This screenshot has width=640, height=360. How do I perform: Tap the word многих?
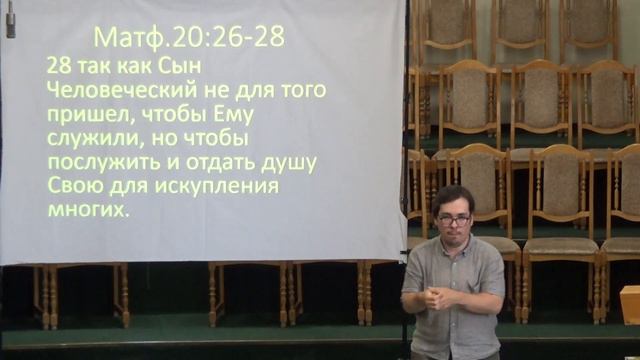click(x=89, y=210)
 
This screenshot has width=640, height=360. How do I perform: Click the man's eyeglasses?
click(x=453, y=219)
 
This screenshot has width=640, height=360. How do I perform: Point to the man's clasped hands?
click(x=439, y=298)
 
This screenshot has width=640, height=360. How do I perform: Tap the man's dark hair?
click(x=453, y=195)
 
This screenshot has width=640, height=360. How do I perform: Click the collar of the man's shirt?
click(x=452, y=245)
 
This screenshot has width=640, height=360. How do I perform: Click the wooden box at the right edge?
click(x=630, y=304)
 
